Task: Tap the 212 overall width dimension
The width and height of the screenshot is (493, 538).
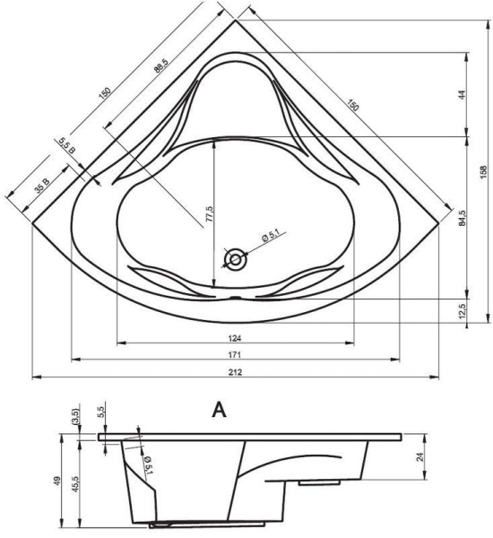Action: pos(235,372)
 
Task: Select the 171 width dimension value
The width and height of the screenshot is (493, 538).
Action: pos(235,355)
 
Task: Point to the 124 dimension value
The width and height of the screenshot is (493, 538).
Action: pos(235,338)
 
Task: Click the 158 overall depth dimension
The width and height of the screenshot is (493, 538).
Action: pos(484,171)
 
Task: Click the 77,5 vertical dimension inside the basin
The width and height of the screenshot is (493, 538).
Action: pos(210,214)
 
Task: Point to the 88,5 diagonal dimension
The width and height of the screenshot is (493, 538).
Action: pos(161,65)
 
